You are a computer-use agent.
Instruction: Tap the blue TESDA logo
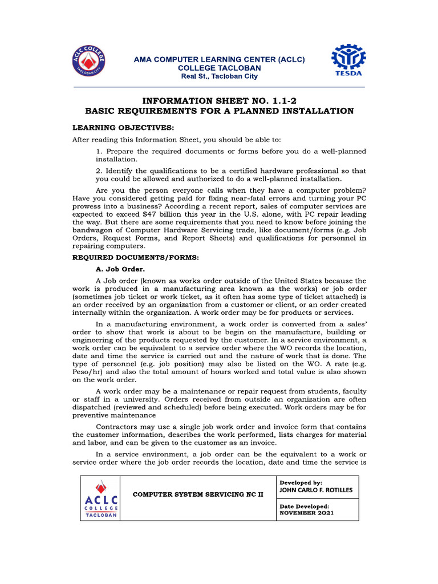coord(348,63)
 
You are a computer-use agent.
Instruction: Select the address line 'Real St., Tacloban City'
coord(219,76)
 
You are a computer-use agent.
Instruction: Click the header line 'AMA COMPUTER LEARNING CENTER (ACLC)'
coord(219,59)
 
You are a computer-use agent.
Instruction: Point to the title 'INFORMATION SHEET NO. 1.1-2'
coord(219,100)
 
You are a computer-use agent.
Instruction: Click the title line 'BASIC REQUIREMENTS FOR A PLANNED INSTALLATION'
coord(219,111)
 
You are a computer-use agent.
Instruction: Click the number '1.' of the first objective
coord(99,151)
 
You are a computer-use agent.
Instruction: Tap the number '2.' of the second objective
coord(99,171)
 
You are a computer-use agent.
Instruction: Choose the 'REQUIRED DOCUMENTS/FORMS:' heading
coord(135,258)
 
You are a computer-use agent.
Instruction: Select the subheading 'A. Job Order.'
coord(120,268)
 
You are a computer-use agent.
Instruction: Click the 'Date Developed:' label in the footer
coord(304,506)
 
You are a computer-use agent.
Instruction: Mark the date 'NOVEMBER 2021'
coord(306,513)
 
